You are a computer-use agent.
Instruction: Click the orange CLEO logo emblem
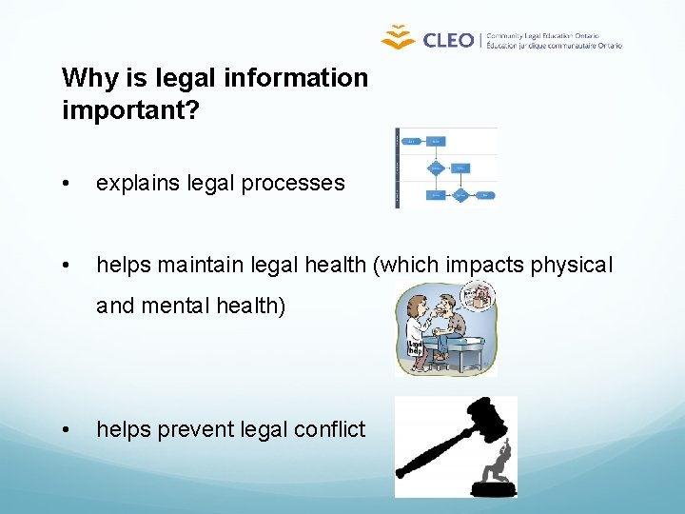click(x=399, y=37)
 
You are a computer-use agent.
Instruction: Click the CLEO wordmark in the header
click(x=447, y=39)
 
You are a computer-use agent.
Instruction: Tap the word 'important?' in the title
click(x=130, y=110)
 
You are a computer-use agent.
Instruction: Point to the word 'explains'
click(x=135, y=183)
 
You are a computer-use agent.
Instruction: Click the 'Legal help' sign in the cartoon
click(x=416, y=348)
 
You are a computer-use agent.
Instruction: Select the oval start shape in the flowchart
click(x=412, y=141)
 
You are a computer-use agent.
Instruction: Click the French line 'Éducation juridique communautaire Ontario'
click(x=554, y=45)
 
